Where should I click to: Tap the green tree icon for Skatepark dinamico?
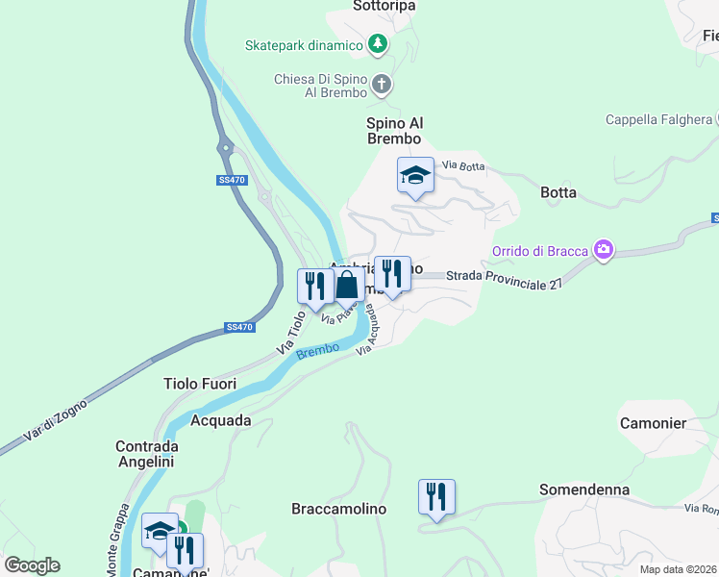pyautogui.click(x=379, y=44)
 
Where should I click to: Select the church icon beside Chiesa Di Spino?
pyautogui.click(x=382, y=85)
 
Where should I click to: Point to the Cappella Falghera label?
pyautogui.click(x=658, y=120)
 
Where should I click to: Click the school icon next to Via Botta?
pyautogui.click(x=415, y=176)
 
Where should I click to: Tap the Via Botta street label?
pyautogui.click(x=463, y=166)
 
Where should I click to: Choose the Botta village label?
pyautogui.click(x=558, y=192)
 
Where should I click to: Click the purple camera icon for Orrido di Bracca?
pyautogui.click(x=604, y=251)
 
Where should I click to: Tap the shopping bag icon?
pyautogui.click(x=347, y=287)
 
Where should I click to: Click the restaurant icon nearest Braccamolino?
pyautogui.click(x=436, y=497)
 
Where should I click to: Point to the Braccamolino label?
pyautogui.click(x=338, y=509)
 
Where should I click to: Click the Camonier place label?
pyautogui.click(x=653, y=423)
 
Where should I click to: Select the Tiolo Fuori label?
pyautogui.click(x=200, y=384)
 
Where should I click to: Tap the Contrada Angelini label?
pyautogui.click(x=145, y=454)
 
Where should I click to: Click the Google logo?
pyautogui.click(x=32, y=565)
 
